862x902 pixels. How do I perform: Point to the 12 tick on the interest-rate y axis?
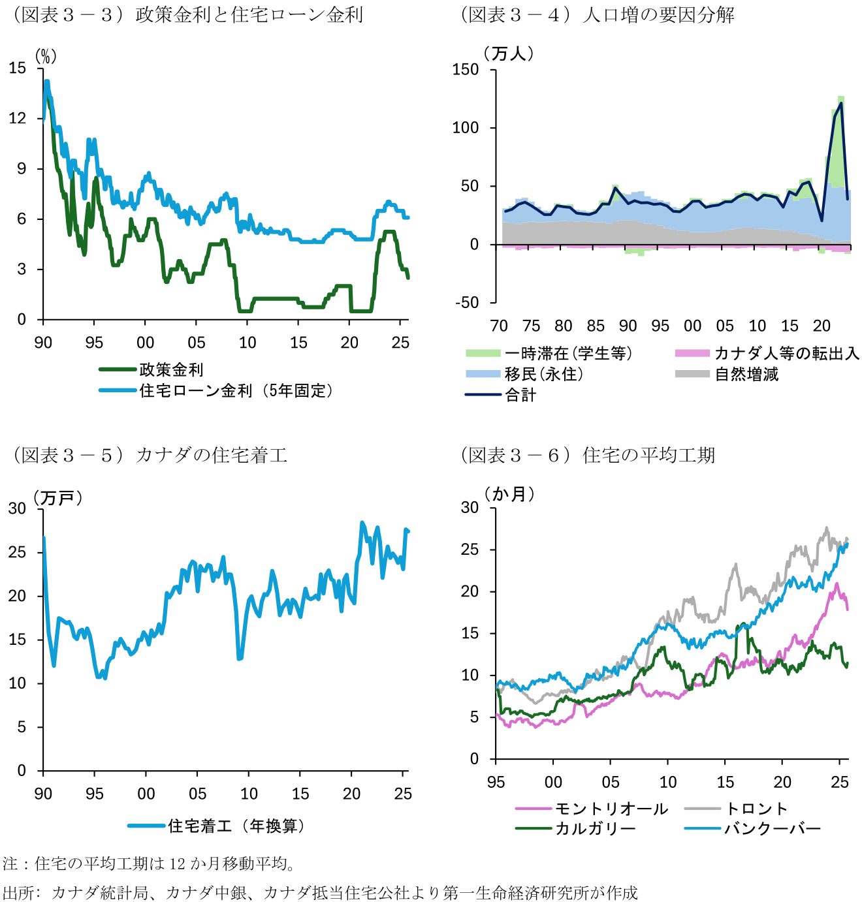tap(18, 118)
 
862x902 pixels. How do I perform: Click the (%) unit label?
tap(46, 57)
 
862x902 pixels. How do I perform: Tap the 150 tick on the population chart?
tap(466, 69)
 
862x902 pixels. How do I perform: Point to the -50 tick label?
tap(467, 302)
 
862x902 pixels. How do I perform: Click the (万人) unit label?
tap(509, 54)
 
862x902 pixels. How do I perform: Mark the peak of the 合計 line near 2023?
tap(840, 103)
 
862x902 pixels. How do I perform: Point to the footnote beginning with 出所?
tap(320, 892)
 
